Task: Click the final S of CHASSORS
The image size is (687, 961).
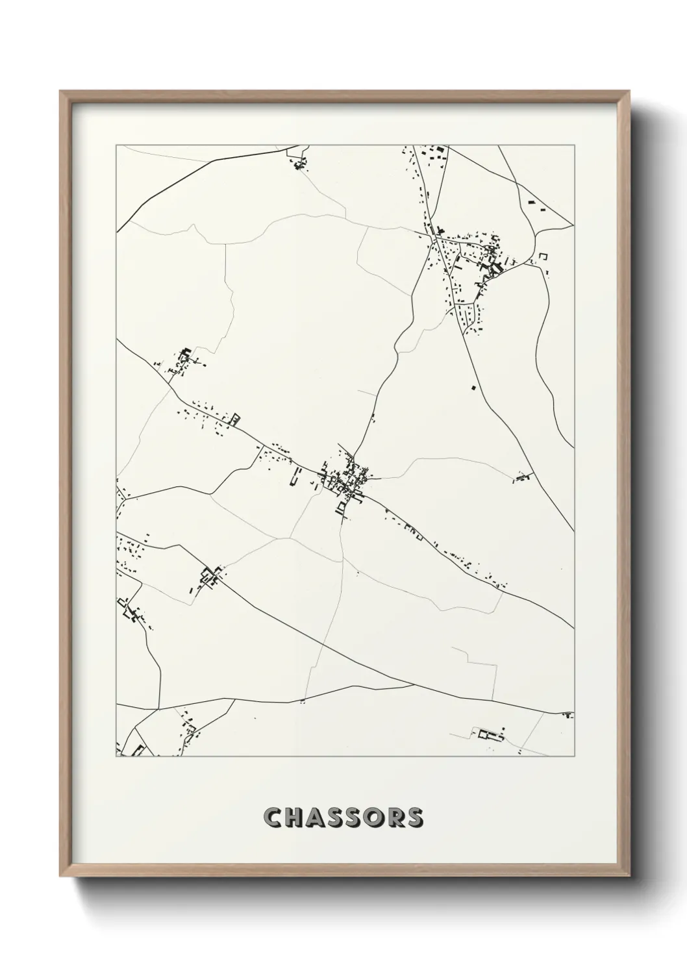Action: click(414, 817)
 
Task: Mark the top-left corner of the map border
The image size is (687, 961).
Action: click(116, 145)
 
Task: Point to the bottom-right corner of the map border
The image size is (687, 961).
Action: click(574, 756)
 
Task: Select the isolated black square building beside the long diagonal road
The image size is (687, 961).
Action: click(473, 388)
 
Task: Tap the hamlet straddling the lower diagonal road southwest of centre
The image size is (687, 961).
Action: click(210, 577)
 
